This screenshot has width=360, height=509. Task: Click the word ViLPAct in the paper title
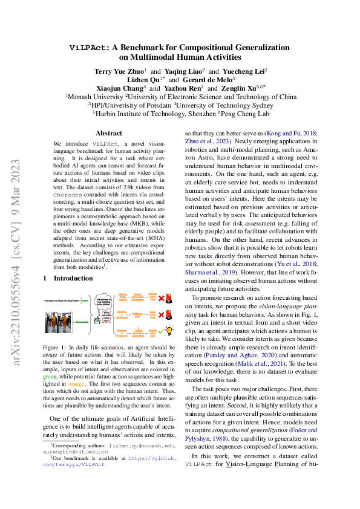coord(89,47)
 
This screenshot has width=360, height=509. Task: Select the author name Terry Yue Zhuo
coord(118,71)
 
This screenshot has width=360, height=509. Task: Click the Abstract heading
coord(110,132)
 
